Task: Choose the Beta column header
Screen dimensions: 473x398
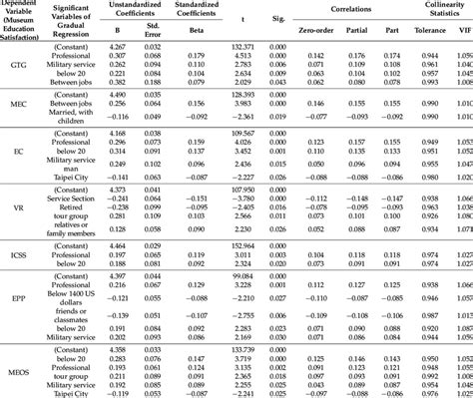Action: tap(196, 39)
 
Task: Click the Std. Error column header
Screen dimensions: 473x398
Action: tap(153, 40)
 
